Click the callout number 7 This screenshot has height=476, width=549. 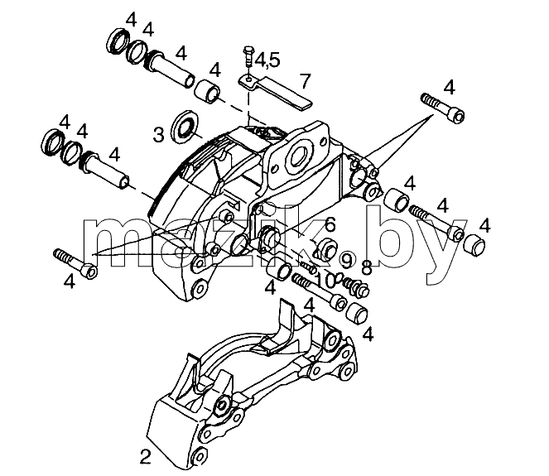306,81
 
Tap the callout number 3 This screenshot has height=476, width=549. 159,134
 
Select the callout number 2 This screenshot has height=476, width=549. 145,456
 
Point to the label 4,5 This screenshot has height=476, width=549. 267,60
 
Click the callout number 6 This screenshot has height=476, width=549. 330,224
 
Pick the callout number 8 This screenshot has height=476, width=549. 366,268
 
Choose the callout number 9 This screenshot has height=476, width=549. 347,261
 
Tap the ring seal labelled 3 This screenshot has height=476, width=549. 185,127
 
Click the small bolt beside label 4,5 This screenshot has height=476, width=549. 248,56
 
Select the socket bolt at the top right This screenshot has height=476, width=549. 444,108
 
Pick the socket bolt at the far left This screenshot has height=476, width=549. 75,263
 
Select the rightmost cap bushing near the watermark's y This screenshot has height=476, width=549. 474,246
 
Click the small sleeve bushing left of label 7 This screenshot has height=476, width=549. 208,91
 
